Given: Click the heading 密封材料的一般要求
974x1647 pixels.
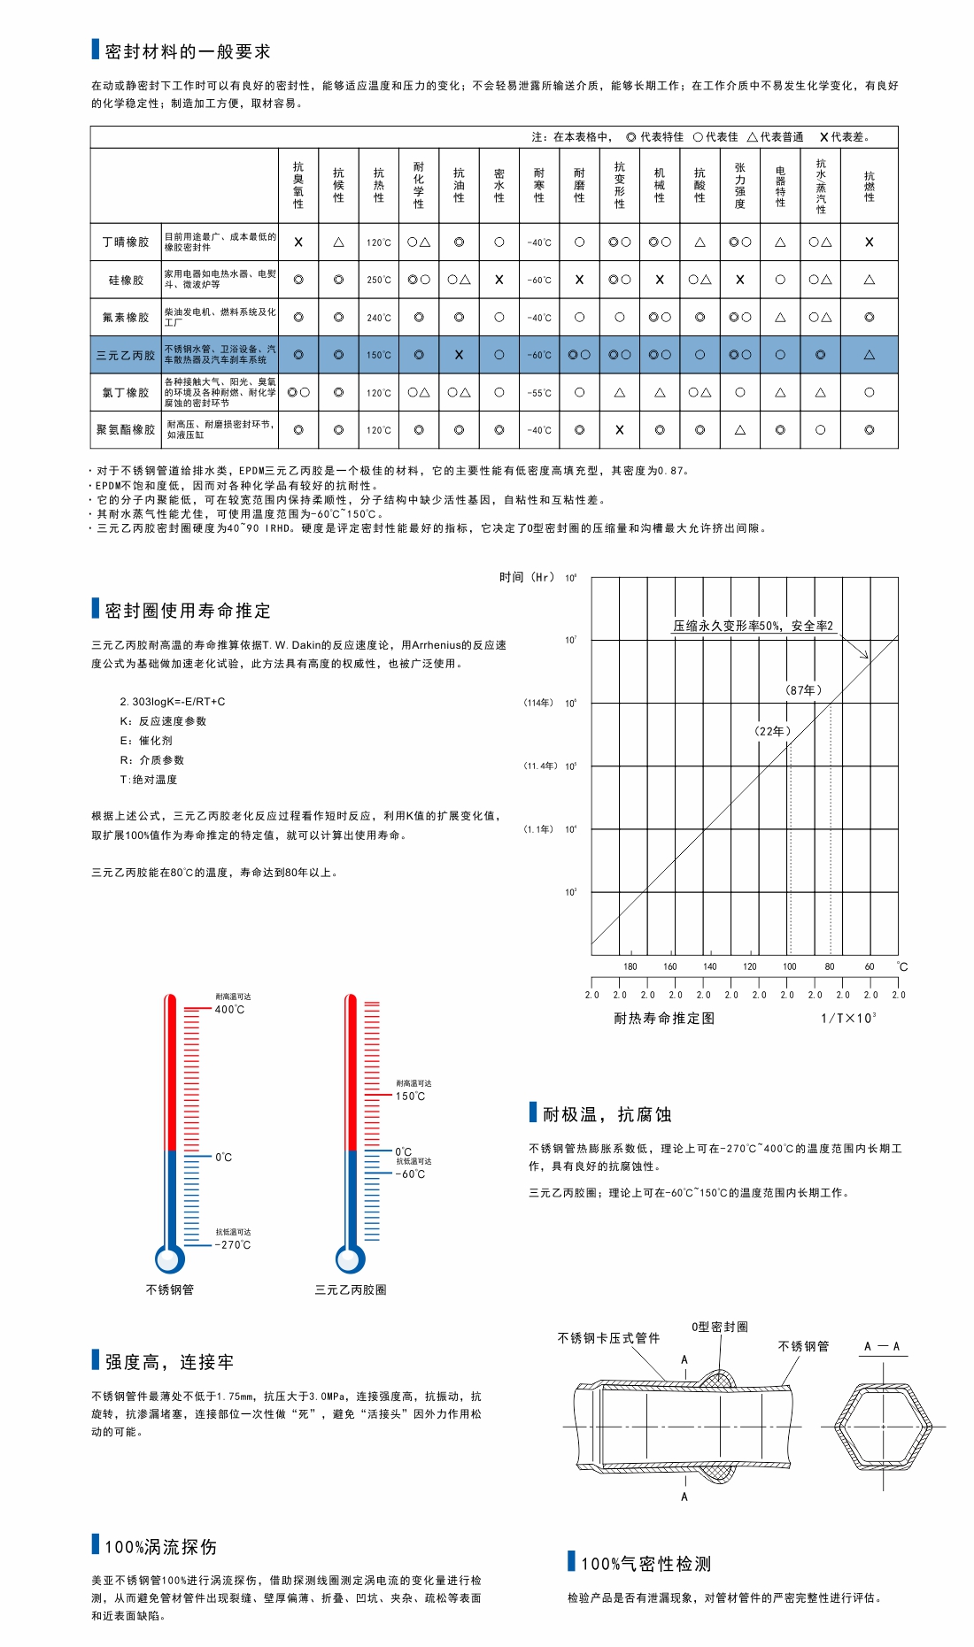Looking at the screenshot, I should (187, 51).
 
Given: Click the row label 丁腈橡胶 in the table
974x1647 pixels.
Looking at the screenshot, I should (126, 242).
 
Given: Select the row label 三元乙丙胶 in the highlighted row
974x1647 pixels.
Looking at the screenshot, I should (126, 355).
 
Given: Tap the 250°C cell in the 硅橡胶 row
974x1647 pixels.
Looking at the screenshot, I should (379, 280).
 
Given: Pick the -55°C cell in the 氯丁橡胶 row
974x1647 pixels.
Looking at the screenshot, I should (539, 393).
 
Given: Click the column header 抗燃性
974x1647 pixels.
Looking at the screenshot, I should (869, 186).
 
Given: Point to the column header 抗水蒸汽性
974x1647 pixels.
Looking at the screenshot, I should (821, 186).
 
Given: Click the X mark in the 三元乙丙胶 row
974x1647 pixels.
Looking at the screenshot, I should (459, 355).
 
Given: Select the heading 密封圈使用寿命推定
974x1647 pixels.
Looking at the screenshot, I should (187, 611).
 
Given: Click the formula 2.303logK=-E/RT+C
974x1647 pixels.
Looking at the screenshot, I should (173, 702).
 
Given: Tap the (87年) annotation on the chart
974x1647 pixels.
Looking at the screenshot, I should (803, 690).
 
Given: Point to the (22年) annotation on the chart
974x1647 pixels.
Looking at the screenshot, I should (772, 731).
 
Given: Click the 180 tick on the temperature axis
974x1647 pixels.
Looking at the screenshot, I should (630, 966).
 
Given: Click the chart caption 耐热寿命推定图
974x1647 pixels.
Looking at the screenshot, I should (664, 1019).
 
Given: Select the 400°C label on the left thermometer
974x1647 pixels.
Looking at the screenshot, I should (229, 1010).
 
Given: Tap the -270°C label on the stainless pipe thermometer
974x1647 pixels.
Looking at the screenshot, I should (233, 1245).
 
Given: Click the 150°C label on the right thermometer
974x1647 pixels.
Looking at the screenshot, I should (410, 1097).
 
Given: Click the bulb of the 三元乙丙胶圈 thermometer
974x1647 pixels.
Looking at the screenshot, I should (351, 1258).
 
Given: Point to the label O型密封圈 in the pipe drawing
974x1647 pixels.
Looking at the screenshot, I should (719, 1327).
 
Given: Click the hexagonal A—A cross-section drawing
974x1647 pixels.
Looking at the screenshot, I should (883, 1427).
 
